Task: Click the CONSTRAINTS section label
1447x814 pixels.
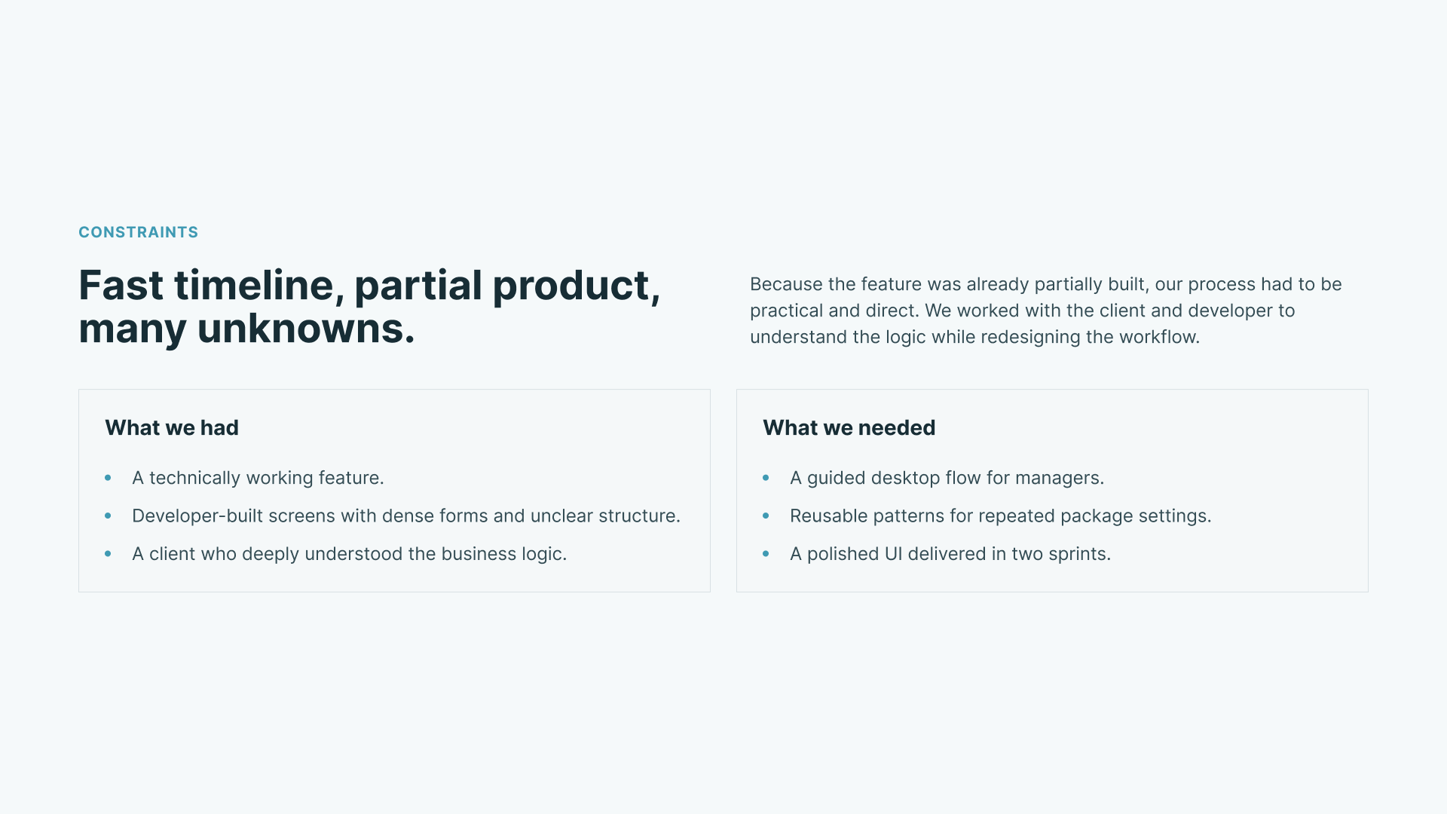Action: click(138, 232)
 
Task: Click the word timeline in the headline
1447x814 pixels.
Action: click(254, 286)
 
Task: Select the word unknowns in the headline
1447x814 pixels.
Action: click(306, 329)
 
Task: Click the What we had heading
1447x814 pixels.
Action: click(172, 427)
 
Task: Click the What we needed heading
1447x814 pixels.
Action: click(849, 427)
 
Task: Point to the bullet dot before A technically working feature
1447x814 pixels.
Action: click(108, 478)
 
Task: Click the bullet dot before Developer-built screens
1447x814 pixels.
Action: click(108, 516)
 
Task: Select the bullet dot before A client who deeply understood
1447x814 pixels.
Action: click(108, 554)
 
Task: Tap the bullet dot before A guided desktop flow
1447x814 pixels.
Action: click(766, 478)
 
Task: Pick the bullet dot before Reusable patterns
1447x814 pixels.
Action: click(766, 516)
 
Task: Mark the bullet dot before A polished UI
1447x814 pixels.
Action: click(766, 554)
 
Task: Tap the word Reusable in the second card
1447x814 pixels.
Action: click(829, 516)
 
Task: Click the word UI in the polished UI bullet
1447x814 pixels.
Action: click(893, 554)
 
